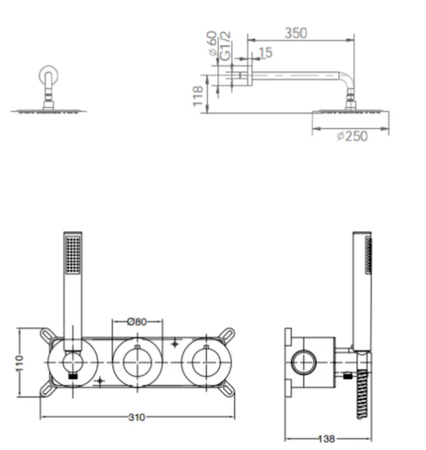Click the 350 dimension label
coord(296,33)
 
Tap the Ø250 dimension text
coord(352,136)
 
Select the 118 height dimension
coord(198,96)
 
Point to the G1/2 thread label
coord(225,46)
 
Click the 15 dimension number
coord(266,52)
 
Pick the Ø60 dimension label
coord(212,43)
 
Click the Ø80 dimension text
coord(137,321)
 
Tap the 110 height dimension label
coord(19,363)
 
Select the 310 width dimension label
coord(137,417)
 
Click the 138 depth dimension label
coord(327,438)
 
